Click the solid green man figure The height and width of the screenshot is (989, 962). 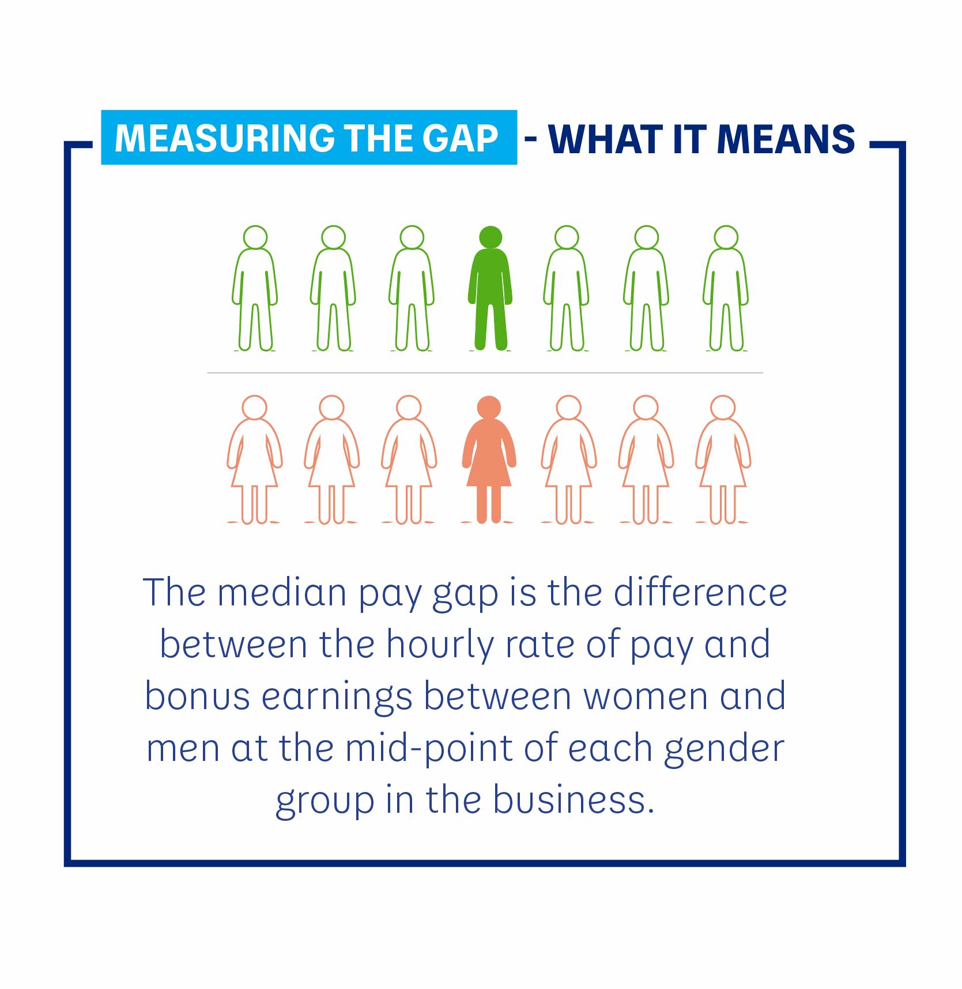click(490, 288)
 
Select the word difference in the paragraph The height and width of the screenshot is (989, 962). click(700, 593)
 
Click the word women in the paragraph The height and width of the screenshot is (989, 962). click(646, 697)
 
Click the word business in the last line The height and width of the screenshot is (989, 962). click(574, 800)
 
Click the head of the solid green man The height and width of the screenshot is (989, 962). click(491, 237)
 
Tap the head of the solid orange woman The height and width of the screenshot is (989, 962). click(489, 407)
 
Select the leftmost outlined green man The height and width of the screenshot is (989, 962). click(255, 288)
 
